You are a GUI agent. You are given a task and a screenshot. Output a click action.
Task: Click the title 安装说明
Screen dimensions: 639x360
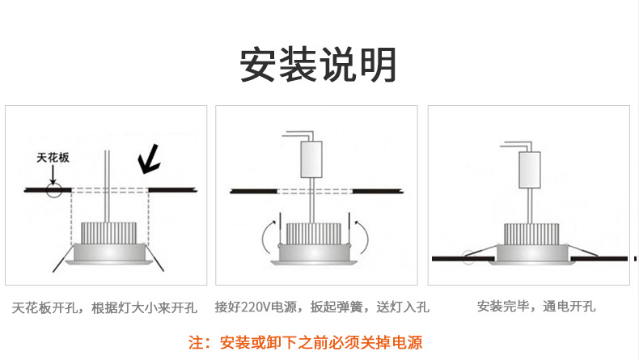tap(318, 66)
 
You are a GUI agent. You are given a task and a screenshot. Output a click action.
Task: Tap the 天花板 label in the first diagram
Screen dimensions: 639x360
tap(53, 158)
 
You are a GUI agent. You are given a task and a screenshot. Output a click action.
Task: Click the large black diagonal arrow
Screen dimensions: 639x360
tap(149, 160)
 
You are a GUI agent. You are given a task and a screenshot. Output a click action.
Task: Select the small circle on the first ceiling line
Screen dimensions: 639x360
tap(54, 190)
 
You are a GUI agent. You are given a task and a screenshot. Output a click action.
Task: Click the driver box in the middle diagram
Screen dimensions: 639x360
tap(311, 159)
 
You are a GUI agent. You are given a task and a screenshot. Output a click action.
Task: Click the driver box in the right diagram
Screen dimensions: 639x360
tap(529, 170)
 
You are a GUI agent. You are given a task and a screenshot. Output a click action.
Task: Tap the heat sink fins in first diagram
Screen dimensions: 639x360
tap(109, 233)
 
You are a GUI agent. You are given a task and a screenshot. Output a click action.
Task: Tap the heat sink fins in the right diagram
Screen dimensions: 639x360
tap(531, 234)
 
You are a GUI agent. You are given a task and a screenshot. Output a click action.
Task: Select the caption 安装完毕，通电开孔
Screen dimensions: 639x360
tap(536, 306)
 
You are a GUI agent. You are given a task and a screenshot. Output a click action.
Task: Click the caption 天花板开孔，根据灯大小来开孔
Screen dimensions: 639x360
tap(104, 307)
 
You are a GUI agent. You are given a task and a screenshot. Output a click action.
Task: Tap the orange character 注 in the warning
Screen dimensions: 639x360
tap(196, 342)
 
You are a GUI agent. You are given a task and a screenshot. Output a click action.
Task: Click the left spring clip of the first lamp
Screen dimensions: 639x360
tap(63, 258)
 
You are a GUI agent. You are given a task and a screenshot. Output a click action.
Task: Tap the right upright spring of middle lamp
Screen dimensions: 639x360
tap(349, 229)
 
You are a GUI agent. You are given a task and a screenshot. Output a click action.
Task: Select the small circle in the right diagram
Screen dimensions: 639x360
tap(468, 258)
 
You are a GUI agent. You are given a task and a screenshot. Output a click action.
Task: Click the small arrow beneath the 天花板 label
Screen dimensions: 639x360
tap(53, 175)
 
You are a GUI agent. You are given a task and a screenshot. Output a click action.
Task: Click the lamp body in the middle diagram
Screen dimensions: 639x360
tap(314, 254)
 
